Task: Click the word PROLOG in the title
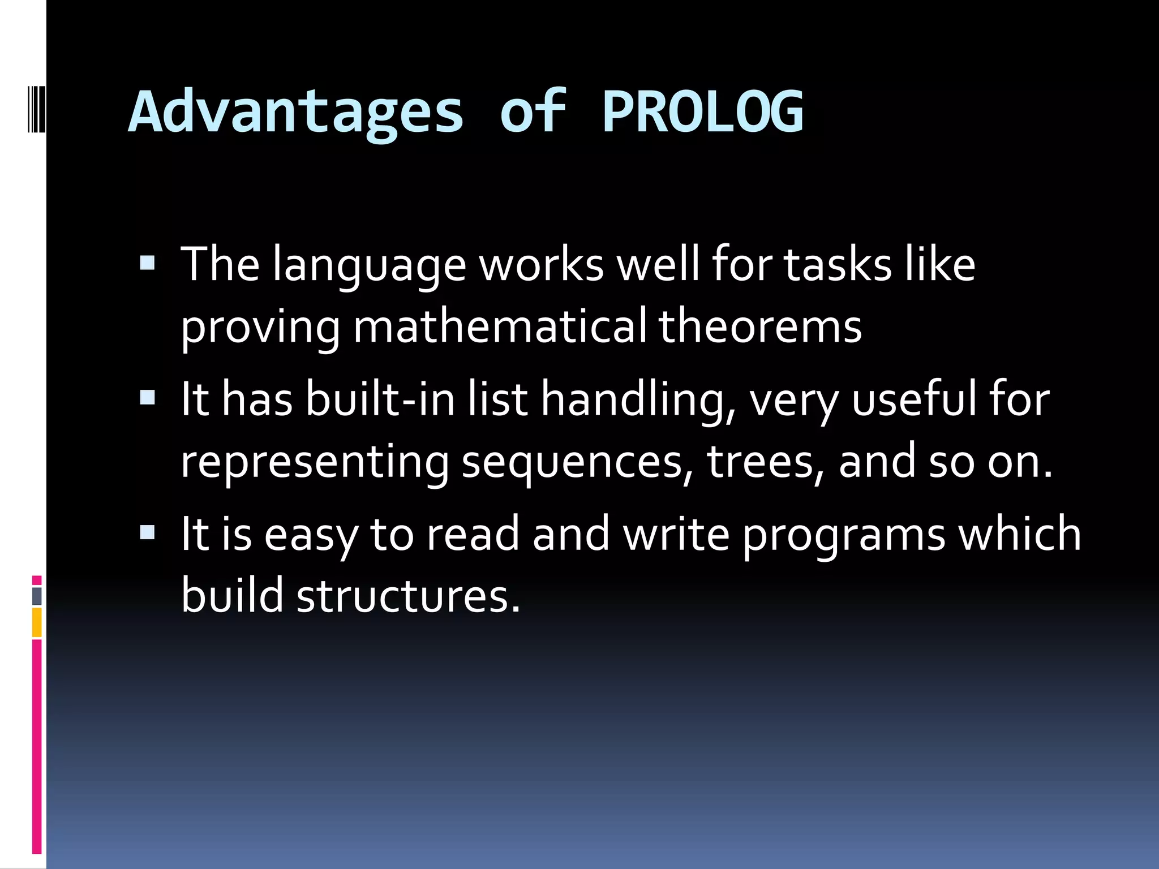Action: pos(702,111)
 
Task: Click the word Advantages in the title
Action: pos(296,111)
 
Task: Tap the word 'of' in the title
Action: pos(533,111)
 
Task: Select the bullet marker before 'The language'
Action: pos(147,263)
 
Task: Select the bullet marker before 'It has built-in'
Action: pos(147,398)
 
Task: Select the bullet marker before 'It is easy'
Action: pos(147,532)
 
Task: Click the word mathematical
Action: pos(500,326)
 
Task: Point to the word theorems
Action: pos(760,326)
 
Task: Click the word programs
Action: pos(843,535)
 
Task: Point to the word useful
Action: pos(913,399)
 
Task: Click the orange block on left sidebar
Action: pos(37,622)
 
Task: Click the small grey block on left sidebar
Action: pos(37,596)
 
